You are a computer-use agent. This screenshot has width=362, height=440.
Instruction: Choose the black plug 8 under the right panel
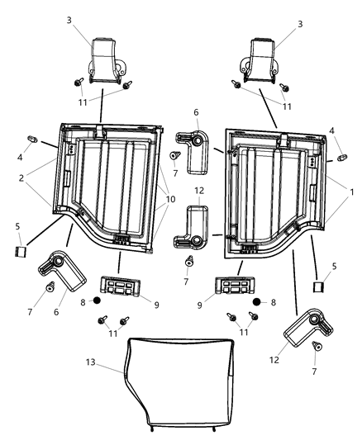[258, 301]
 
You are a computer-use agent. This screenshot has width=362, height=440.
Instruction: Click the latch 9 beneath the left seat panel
[117, 286]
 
